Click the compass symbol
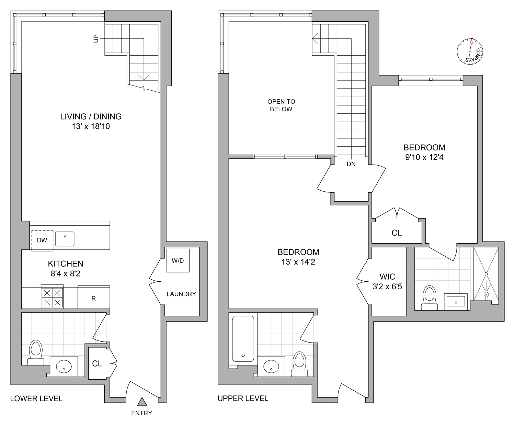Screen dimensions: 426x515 pyautogui.click(x=470, y=52)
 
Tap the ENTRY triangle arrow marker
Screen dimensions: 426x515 pyautogui.click(x=142, y=402)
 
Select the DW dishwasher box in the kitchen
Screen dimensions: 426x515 pyautogui.click(x=42, y=240)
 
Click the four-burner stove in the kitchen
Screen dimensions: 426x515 pyautogui.click(x=52, y=297)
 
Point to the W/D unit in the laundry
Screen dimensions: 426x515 pyautogui.click(x=178, y=260)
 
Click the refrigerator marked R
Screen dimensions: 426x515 pyautogui.click(x=94, y=298)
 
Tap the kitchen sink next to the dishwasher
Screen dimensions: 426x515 pyautogui.click(x=65, y=239)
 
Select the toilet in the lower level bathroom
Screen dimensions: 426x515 pyautogui.click(x=35, y=352)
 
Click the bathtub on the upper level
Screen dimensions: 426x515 pyautogui.click(x=243, y=338)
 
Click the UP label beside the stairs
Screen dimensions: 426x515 pyautogui.click(x=96, y=39)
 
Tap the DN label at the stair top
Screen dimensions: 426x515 pyautogui.click(x=351, y=164)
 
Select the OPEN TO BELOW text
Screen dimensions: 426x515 pyautogui.click(x=281, y=105)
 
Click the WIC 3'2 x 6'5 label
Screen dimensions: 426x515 pyautogui.click(x=387, y=281)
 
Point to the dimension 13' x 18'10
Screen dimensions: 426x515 pyautogui.click(x=91, y=126)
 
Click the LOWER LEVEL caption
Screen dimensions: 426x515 pyautogui.click(x=36, y=399)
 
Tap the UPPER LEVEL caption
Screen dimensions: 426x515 pyautogui.click(x=243, y=399)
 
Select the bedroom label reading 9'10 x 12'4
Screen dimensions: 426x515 pyautogui.click(x=424, y=157)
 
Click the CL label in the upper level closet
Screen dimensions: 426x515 pyautogui.click(x=397, y=233)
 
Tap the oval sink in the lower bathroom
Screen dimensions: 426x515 pyautogui.click(x=64, y=366)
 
